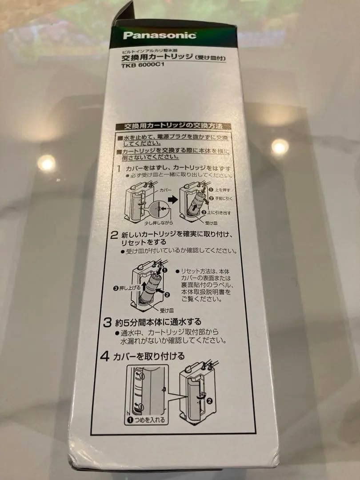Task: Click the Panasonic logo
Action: point(159,35)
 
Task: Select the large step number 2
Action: point(114,235)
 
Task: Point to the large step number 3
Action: point(107,321)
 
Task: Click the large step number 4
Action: point(105,356)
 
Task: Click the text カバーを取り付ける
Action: point(149,356)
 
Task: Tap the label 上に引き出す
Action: point(220,212)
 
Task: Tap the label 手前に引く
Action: point(223,198)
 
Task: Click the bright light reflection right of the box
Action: point(280,147)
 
